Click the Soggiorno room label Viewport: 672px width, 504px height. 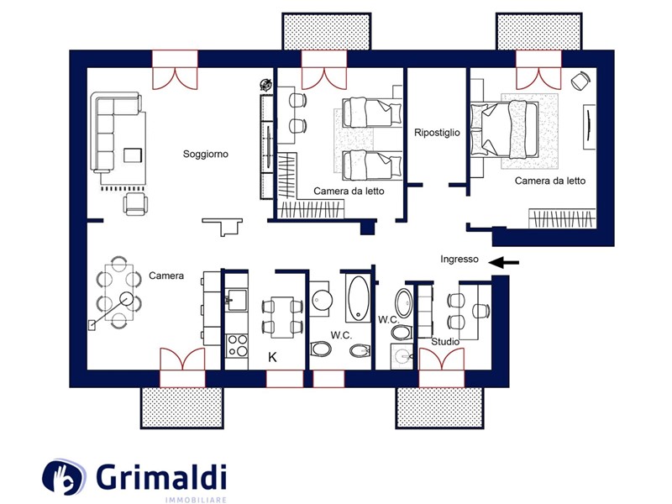tap(206, 155)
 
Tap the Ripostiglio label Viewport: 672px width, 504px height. tap(437, 133)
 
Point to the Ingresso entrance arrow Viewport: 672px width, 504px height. tap(504, 262)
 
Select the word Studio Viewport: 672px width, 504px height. tap(445, 342)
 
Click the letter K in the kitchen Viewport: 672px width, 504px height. tap(272, 357)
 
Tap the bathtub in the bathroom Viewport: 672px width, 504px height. tap(359, 299)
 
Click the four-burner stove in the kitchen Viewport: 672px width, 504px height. tap(237, 346)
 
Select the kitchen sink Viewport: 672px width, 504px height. tap(237, 299)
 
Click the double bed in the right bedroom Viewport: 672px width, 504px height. tap(505, 129)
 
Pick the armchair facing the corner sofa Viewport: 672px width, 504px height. tap(135, 203)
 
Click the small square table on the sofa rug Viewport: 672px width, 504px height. tap(133, 155)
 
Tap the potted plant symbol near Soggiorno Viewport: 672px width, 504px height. tap(266, 85)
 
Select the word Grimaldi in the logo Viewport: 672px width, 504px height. tap(161, 477)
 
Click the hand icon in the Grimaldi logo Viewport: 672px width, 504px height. tap(64, 477)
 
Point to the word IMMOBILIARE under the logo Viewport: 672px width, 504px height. tap(196, 500)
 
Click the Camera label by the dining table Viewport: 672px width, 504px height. tap(166, 276)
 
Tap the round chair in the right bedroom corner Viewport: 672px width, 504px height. tap(580, 81)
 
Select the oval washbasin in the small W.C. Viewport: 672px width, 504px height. tap(403, 303)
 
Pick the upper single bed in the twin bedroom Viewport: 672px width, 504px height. tap(372, 113)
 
